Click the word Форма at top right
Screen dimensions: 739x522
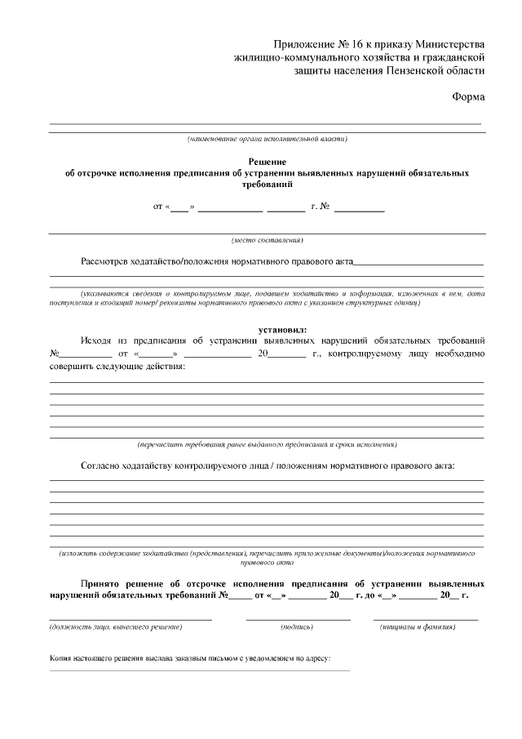coord(467,97)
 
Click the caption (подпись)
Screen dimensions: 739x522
coord(297,626)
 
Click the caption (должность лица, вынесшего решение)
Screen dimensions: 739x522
coord(116,626)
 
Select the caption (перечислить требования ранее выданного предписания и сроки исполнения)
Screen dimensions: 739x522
coord(267,444)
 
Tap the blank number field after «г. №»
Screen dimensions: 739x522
coord(359,211)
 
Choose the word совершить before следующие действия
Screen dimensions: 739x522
coord(74,367)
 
